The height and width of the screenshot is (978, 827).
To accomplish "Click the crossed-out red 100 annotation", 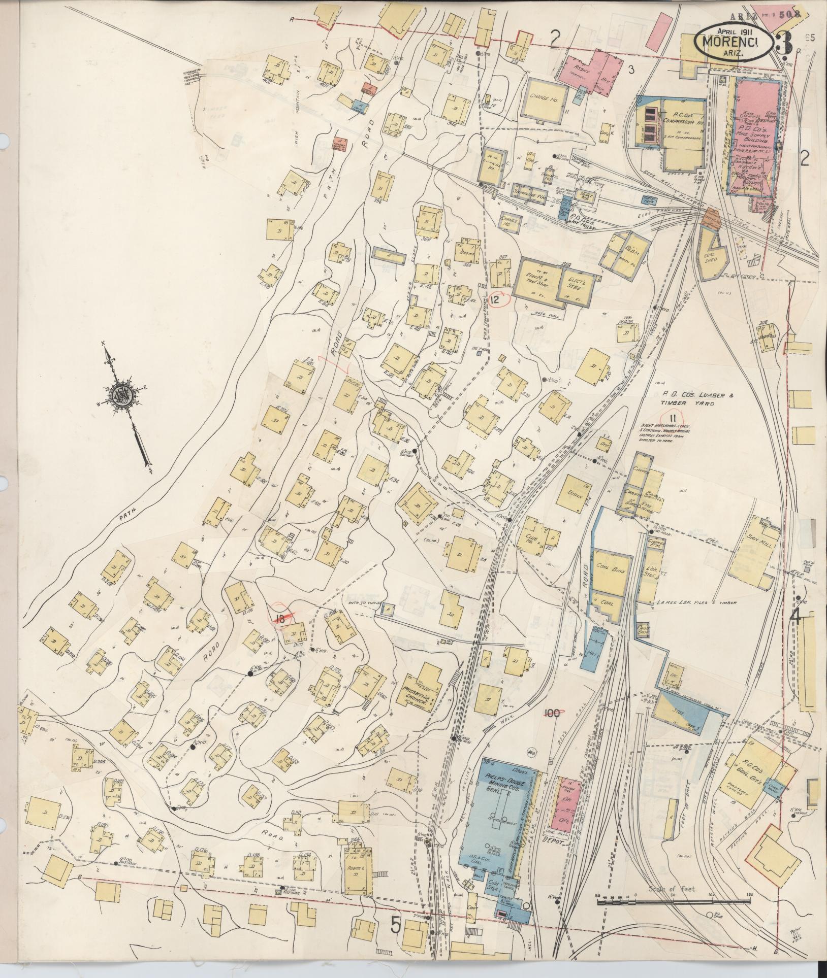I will tap(552, 713).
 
